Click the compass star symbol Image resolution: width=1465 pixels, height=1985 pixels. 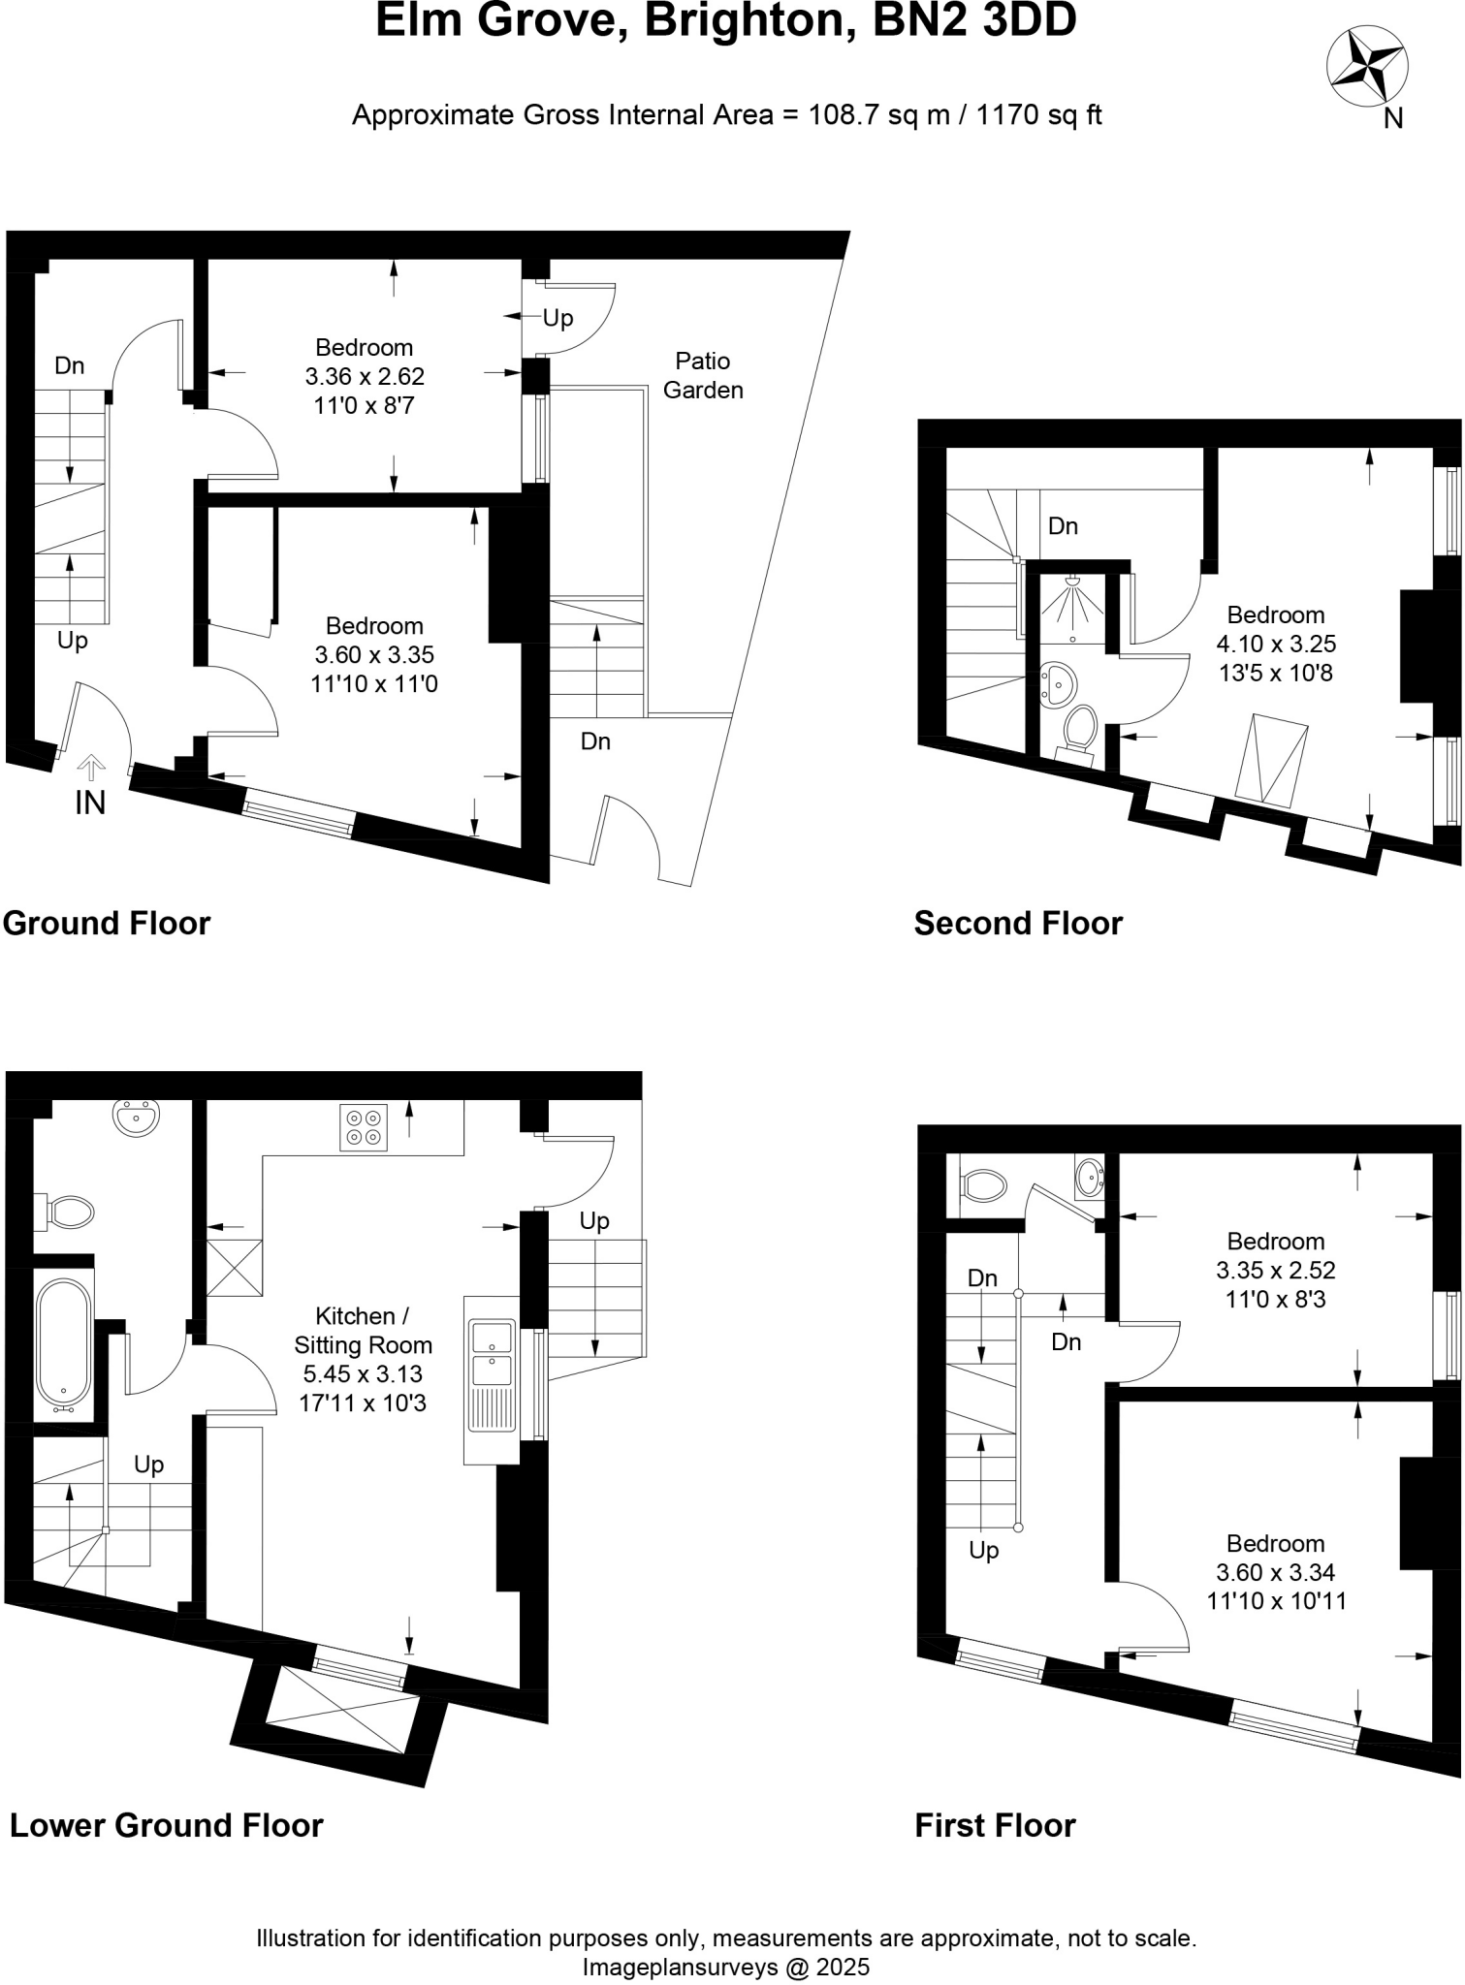(1366, 65)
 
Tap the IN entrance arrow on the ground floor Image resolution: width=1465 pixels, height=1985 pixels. (91, 769)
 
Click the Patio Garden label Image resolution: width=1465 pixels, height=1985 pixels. (703, 375)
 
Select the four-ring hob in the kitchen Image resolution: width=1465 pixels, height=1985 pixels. (364, 1127)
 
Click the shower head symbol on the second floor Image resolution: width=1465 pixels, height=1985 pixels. (1073, 601)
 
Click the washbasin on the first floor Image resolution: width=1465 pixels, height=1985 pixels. (1090, 1178)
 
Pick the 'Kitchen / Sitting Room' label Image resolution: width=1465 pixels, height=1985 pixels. (363, 1330)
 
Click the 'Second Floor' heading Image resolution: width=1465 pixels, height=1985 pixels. (1018, 923)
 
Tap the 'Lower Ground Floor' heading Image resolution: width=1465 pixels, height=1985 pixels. (166, 1825)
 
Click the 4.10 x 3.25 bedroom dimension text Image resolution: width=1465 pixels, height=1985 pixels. (1276, 644)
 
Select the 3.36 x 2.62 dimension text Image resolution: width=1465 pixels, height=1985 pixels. (365, 376)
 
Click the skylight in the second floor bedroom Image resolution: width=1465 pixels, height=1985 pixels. (1273, 760)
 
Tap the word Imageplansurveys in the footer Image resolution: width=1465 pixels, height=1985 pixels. (680, 1967)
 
